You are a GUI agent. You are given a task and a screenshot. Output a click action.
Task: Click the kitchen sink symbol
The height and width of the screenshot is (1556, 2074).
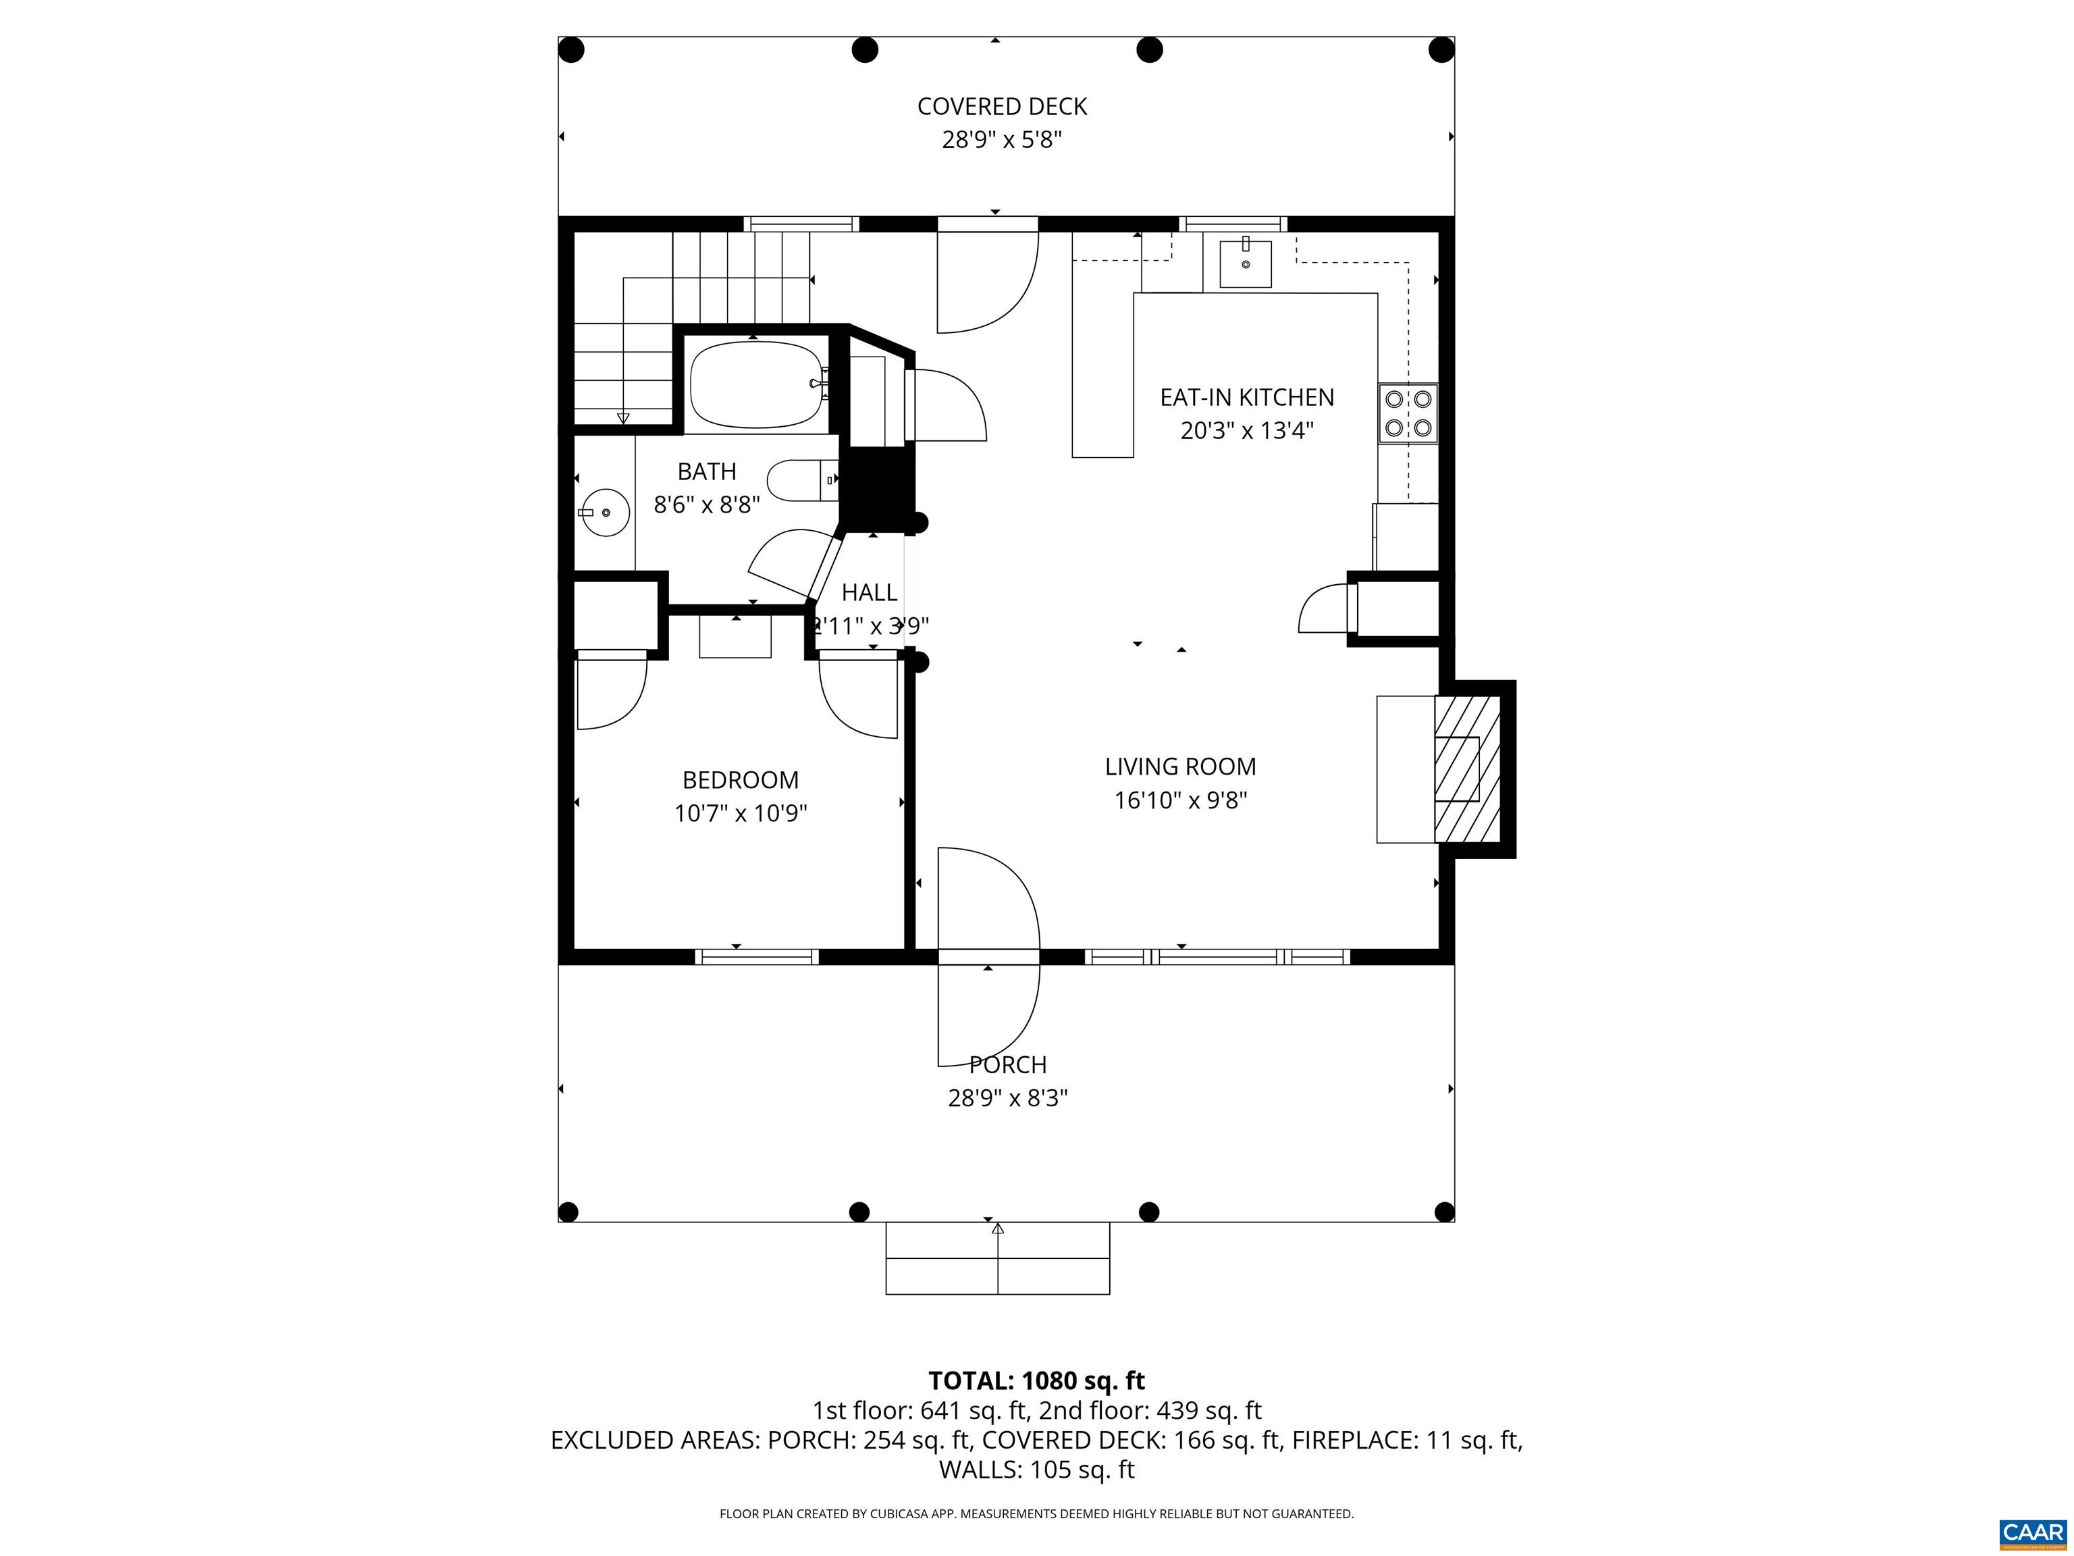(x=1245, y=263)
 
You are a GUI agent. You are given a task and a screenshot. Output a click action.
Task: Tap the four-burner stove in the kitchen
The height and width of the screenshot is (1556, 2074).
(x=1408, y=413)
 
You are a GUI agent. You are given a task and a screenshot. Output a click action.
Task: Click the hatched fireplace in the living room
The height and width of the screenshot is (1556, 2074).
(x=1467, y=768)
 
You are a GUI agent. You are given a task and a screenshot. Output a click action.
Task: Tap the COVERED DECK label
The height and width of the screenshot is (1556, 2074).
(x=1001, y=107)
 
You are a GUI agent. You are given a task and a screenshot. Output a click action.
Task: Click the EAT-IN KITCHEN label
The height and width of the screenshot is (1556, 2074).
(x=1246, y=398)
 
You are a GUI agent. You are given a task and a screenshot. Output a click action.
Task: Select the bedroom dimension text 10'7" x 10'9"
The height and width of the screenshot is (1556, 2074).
(x=740, y=813)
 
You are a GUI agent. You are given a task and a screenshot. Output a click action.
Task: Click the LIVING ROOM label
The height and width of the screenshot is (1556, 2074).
(x=1179, y=767)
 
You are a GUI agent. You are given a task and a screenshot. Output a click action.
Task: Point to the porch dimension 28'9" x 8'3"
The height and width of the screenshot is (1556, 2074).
(x=1007, y=1097)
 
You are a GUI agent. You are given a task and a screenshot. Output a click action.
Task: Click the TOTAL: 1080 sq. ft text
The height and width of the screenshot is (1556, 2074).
(x=1036, y=1380)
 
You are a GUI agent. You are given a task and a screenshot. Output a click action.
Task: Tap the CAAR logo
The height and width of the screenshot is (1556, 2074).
(x=2033, y=1532)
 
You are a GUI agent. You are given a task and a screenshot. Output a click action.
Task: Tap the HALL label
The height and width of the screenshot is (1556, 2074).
(x=868, y=593)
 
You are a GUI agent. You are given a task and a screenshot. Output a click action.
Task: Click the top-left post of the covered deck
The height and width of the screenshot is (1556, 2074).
(x=571, y=50)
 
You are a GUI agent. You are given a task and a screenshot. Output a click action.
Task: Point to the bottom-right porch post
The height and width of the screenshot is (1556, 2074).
(x=1444, y=1212)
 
